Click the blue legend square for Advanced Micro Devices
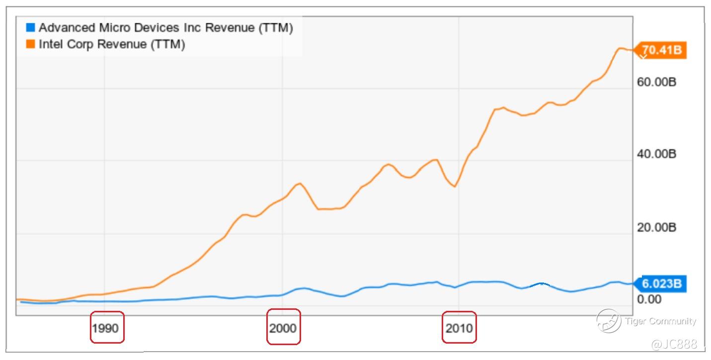coord(31,28)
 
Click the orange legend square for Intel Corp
coord(31,44)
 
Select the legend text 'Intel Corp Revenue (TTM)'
coord(111,44)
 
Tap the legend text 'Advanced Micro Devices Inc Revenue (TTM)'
coord(165,28)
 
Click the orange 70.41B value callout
coord(661,50)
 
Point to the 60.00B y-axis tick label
coord(656,81)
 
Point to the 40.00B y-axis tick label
coord(656,154)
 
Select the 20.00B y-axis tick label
coord(656,227)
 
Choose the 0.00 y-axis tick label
coord(649,299)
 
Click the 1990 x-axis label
coord(106,328)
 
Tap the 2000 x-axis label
coord(283,328)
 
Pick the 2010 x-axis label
coord(459,328)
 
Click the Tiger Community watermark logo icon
coord(608,321)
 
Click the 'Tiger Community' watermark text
coord(661,321)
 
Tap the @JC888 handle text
coord(674,344)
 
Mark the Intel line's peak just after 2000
coord(299,183)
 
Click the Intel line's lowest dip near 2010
coord(454,186)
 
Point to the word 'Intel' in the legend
coord(49,44)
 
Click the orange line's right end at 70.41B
coord(632,50)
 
